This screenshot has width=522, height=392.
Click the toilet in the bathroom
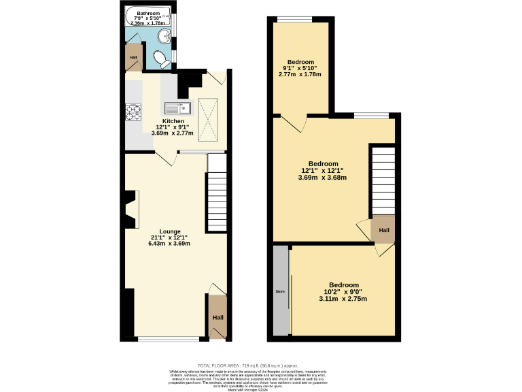(x=162, y=59)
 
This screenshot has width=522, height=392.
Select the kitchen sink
(x=179, y=108)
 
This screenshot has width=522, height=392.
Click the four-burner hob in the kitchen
(x=132, y=112)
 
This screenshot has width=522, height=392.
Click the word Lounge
(x=170, y=231)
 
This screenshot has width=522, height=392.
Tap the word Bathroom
(x=147, y=14)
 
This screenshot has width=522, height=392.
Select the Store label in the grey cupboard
(x=279, y=291)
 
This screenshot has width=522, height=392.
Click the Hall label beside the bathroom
(x=133, y=57)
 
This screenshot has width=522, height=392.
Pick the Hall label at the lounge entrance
(x=217, y=318)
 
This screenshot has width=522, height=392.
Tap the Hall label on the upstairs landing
(x=384, y=230)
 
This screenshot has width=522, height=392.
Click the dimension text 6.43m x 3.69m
(x=170, y=244)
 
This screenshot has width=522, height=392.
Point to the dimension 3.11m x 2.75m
(x=343, y=298)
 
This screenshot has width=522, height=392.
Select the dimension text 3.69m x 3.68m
(x=323, y=178)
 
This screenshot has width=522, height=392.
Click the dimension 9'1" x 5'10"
(x=300, y=67)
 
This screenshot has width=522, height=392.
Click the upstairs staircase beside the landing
(x=382, y=180)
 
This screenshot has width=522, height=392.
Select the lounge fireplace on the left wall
(x=130, y=210)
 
